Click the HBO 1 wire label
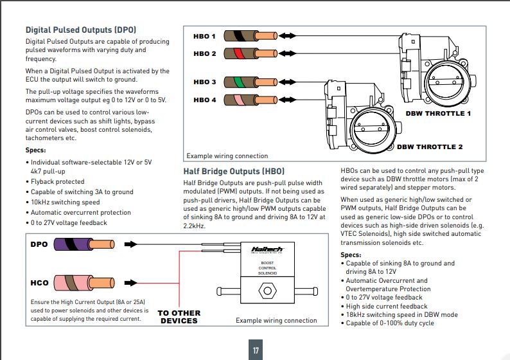pos(204,36)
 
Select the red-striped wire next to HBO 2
pos(251,53)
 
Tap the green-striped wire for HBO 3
pos(251,82)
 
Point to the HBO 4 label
pos(205,100)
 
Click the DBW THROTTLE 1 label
pos(438,114)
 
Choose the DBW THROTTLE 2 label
pos(430,147)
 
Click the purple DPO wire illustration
pos(84,244)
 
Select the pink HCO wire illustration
pos(84,282)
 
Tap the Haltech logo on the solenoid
pos(267,250)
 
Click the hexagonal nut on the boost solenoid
pos(267,291)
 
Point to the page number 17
pos(256,350)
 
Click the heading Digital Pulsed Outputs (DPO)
pos(81,30)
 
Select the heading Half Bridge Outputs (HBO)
pos(234,172)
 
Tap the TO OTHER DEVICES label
pos(179,317)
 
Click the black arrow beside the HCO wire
pos(131,282)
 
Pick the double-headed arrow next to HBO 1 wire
pos(287,36)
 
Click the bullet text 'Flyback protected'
pos(58,182)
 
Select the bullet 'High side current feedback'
pos(387,306)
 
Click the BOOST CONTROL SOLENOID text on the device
pos(267,268)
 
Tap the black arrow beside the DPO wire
pos(131,244)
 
